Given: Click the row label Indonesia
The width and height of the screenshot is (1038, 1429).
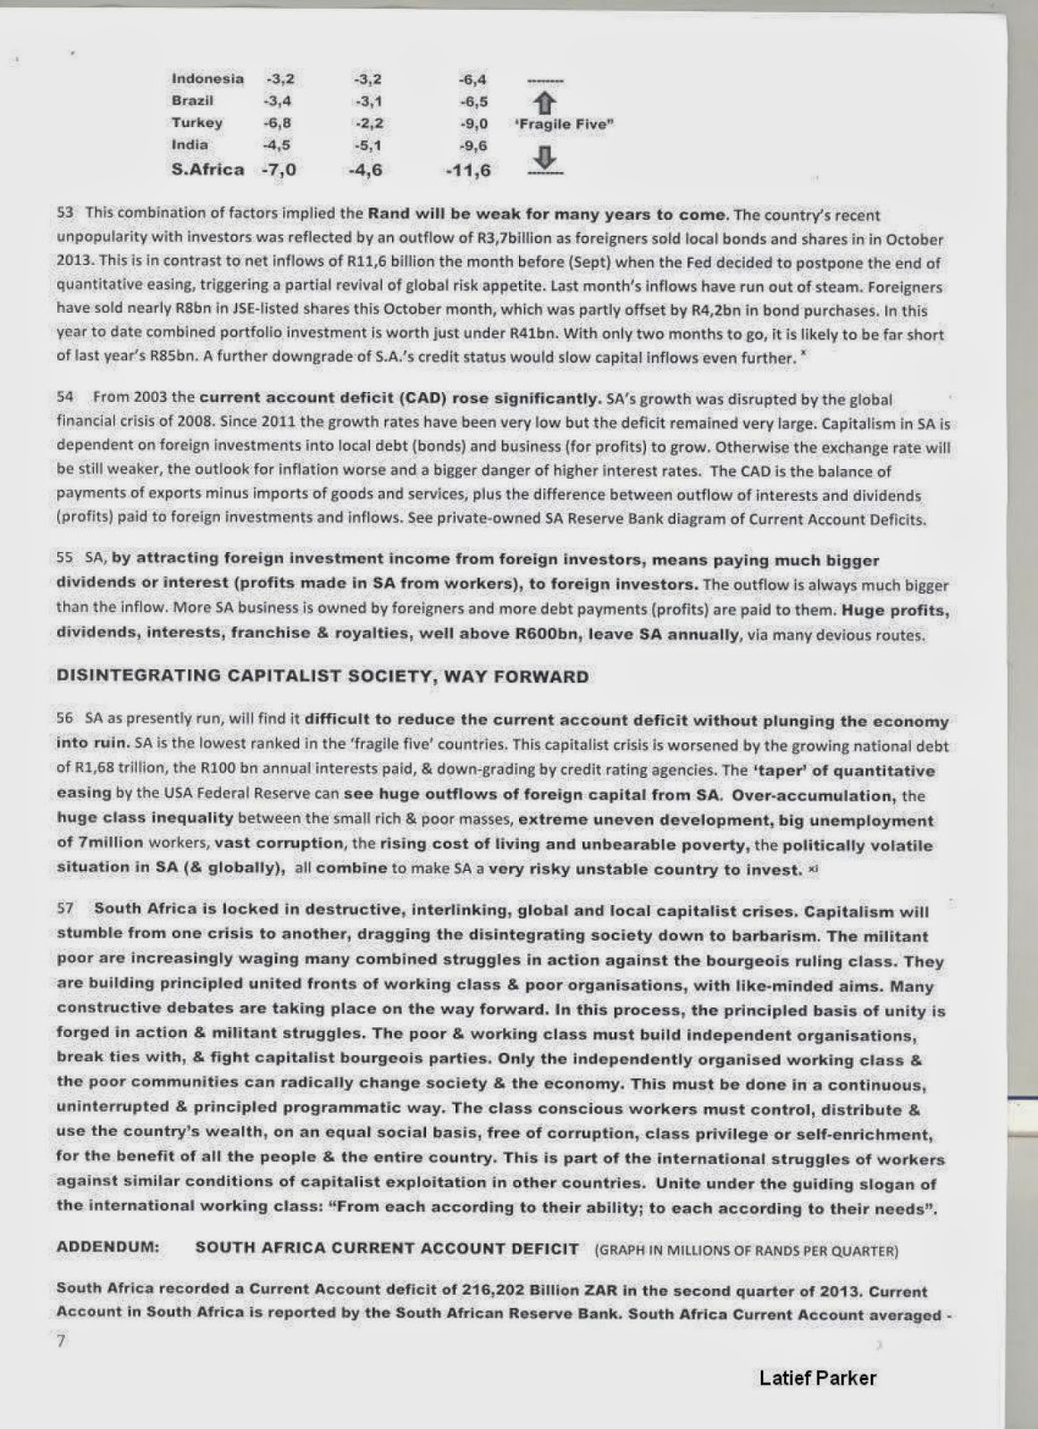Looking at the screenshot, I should pos(207,79).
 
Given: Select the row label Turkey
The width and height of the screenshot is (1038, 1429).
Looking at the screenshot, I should pos(197,122).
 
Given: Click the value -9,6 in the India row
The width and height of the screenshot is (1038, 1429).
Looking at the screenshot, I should pos(473,145).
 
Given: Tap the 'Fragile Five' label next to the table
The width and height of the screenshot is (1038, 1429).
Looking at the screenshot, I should pos(565,124).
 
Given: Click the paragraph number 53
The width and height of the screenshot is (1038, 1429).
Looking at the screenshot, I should pos(64,214).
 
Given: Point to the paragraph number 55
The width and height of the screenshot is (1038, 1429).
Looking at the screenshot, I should pos(64,557).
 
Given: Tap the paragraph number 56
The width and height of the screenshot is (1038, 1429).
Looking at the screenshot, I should pos(64,718).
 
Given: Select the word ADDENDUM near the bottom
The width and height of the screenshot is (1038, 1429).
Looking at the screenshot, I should pos(108,1248).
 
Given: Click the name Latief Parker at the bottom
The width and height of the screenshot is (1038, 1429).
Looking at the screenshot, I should pos(817,1378).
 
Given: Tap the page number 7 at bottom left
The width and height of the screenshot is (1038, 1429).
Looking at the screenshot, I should pos(61,1341).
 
